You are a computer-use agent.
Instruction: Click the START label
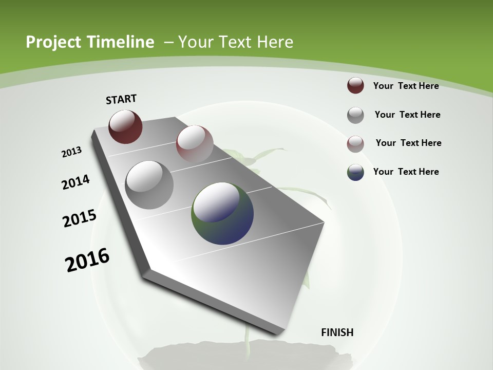tap(121, 99)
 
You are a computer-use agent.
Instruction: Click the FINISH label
tap(337, 332)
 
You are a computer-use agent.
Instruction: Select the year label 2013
tap(71, 152)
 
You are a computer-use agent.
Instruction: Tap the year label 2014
tap(75, 182)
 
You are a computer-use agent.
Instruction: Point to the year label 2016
tap(87, 260)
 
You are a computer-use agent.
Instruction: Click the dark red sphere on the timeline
tap(125, 126)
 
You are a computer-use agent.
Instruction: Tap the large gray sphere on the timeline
tap(149, 184)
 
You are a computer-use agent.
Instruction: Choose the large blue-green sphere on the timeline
tap(222, 213)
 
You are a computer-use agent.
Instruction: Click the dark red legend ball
tap(355, 85)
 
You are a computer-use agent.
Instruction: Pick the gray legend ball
tap(355, 115)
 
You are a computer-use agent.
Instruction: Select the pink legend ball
tap(355, 144)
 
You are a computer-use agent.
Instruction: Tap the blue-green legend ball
tap(355, 172)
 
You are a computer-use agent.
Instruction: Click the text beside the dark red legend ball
tap(406, 86)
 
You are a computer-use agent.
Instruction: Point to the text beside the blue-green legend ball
tap(406, 172)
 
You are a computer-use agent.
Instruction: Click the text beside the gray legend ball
tap(407, 115)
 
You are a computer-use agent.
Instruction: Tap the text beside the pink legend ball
tap(408, 143)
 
